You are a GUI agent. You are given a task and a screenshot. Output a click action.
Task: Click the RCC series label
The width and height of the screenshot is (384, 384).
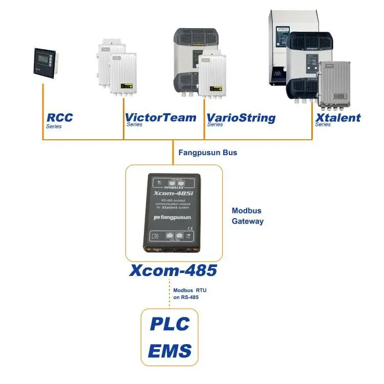[59, 118]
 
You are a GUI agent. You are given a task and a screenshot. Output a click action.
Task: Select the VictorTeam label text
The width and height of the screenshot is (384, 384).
[160, 118]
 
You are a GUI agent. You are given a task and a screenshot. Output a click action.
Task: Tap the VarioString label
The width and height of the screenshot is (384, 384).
[241, 118]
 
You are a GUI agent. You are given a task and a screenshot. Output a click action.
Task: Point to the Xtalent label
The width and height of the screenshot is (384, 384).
[338, 118]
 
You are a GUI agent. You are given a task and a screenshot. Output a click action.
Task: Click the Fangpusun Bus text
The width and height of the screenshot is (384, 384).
[207, 153]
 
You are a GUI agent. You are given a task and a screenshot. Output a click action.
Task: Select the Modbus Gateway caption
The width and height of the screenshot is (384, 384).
[248, 216]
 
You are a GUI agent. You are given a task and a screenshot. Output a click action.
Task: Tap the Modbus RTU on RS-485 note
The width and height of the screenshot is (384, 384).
[189, 293]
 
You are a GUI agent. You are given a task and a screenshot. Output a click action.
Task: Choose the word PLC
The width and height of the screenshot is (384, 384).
[169, 324]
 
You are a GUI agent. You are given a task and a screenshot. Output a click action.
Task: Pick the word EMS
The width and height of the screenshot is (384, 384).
[169, 351]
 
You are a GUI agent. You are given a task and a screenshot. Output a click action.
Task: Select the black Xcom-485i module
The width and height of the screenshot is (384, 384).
[174, 212]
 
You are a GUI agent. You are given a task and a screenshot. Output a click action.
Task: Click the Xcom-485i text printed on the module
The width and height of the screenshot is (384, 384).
[173, 194]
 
